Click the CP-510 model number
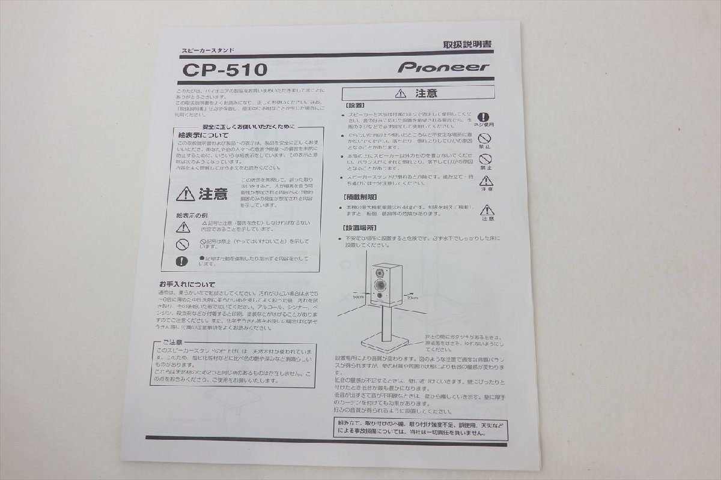(x=225, y=70)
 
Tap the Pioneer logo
(x=443, y=67)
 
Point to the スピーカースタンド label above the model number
(x=208, y=52)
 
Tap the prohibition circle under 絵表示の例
(x=183, y=244)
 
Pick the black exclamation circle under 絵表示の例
(x=182, y=261)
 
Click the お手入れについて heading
(x=187, y=284)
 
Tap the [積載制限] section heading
(x=360, y=197)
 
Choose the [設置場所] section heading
(x=360, y=228)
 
